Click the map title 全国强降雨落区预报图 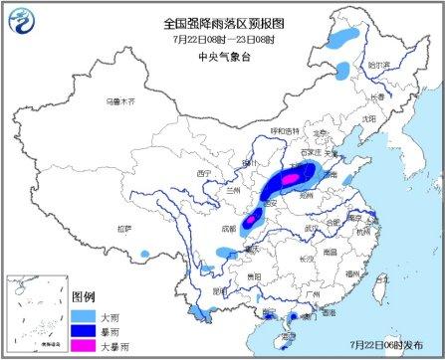[225, 21]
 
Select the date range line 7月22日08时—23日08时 [225, 38]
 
